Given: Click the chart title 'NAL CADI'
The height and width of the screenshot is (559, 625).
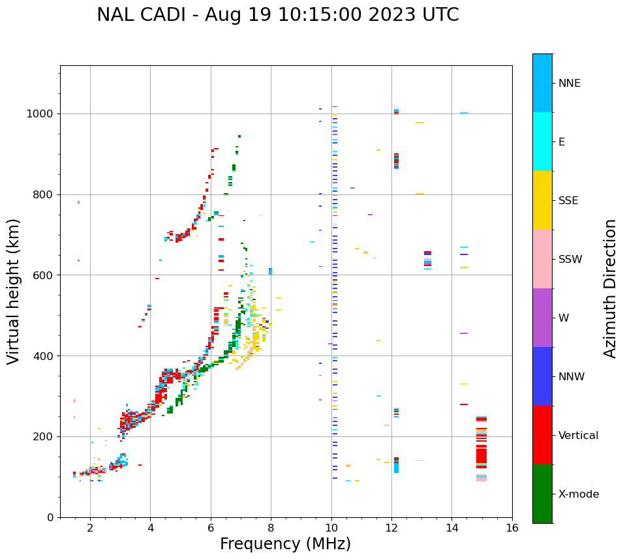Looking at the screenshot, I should coord(147,15).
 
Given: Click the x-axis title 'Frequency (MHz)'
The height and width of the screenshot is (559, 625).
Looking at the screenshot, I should coord(285,544).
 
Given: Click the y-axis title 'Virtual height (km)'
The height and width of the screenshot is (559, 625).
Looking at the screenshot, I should coord(14,292).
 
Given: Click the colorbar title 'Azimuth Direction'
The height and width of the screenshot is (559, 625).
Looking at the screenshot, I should coord(610,288).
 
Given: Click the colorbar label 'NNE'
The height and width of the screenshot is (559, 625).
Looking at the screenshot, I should coord(569,83).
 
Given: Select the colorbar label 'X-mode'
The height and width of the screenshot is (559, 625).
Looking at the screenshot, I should coord(578,494).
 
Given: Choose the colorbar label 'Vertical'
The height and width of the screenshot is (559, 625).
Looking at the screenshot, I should coord(578,436).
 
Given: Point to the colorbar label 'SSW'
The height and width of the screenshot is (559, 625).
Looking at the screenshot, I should coord(570,260).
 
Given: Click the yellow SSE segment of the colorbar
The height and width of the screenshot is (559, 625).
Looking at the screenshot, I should coord(542,200).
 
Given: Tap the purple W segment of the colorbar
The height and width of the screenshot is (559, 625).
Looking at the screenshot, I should coord(542,318).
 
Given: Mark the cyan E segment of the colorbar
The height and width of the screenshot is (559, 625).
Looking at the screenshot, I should coord(542,142).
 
